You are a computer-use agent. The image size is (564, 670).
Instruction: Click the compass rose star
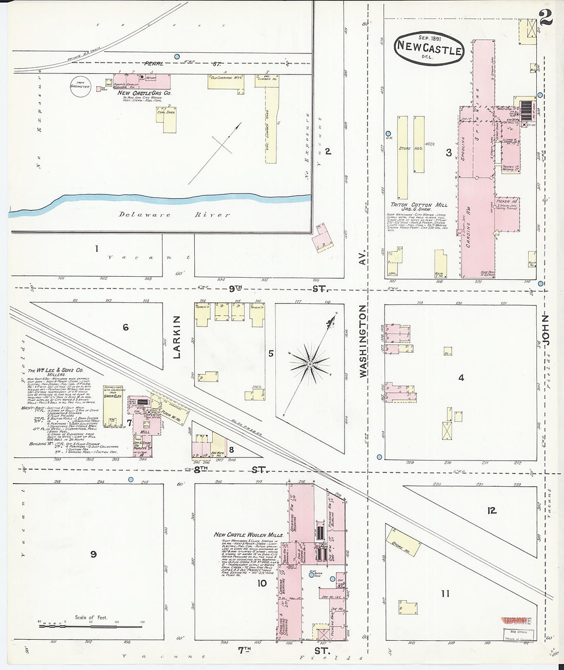coord(310,364)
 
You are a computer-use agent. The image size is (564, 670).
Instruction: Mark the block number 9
coord(93,554)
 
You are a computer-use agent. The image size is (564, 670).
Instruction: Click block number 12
coord(492,510)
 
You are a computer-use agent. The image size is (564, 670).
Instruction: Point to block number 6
coord(126,328)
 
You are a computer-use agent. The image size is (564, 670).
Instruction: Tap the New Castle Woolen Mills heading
coord(245,535)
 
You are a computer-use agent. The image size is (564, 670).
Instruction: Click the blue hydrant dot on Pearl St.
coord(177,56)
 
